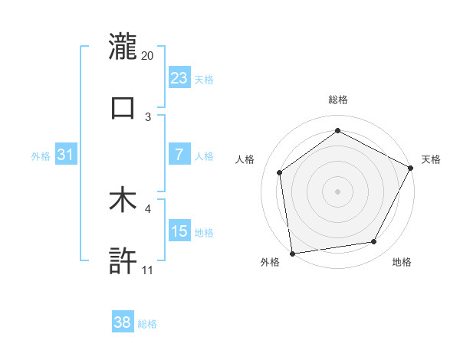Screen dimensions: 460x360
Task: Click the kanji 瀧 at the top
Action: tap(123, 46)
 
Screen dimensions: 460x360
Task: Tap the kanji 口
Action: tap(123, 107)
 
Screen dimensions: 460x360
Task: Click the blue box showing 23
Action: tap(179, 77)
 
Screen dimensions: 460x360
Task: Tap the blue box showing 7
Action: tap(179, 155)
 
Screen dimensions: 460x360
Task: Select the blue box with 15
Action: tap(179, 231)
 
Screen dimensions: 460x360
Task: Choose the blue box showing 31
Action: tap(66, 155)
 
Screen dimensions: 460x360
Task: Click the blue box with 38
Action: tap(123, 322)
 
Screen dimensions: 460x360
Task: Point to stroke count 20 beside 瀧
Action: tap(148, 56)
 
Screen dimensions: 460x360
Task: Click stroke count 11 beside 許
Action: tap(147, 270)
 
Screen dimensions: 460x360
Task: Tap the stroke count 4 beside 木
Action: tap(148, 208)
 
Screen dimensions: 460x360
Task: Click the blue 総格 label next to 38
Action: tap(147, 324)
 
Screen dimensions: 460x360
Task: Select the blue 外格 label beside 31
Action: tap(41, 155)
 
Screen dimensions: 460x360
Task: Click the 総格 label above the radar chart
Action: tap(338, 100)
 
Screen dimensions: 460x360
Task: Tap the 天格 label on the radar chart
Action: tap(431, 159)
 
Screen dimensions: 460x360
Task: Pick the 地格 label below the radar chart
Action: tap(402, 262)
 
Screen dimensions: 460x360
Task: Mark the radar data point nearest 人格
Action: tap(280, 172)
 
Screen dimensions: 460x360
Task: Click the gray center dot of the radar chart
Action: tap(338, 191)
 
